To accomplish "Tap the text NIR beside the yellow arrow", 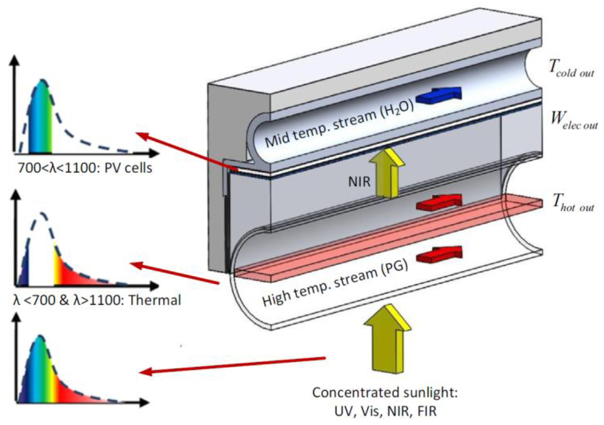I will point(359,182).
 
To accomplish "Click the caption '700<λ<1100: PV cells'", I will point(85,168).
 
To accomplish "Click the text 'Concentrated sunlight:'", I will point(385,393).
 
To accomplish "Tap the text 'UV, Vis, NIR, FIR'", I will point(385,411).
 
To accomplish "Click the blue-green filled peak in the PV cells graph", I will point(41,122).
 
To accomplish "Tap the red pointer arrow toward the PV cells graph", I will point(186,151).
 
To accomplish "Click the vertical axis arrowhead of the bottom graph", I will point(17,319).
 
